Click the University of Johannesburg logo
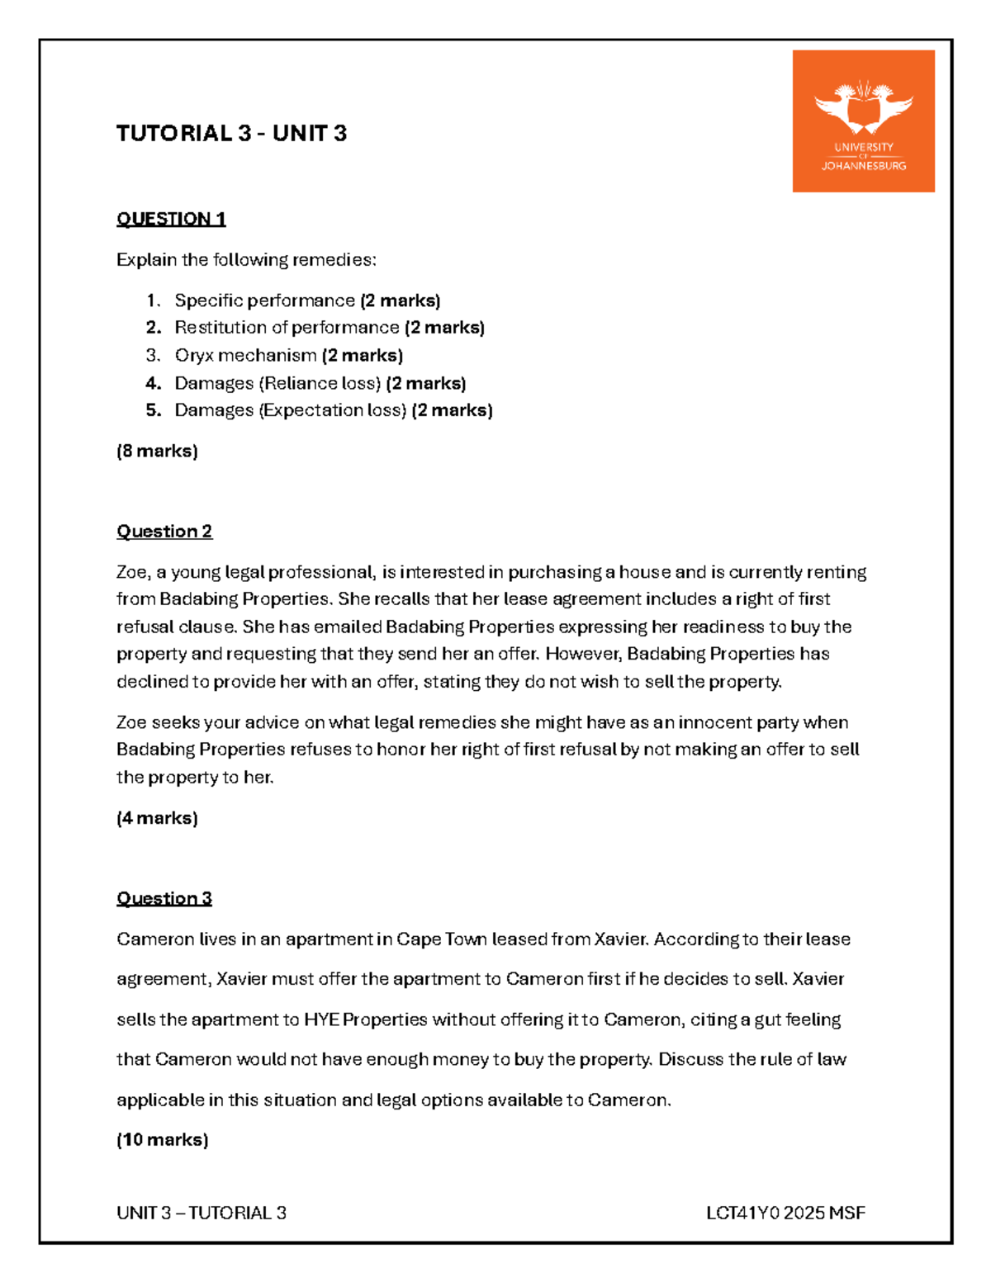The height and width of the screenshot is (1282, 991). point(863,121)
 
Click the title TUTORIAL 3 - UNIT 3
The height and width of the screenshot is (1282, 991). point(231,134)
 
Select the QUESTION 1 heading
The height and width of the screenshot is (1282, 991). point(171,219)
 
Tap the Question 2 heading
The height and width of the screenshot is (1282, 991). point(164,531)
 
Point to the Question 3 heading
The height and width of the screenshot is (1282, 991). point(164,898)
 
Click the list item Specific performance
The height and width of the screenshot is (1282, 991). point(264,300)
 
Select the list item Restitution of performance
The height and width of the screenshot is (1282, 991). point(287,328)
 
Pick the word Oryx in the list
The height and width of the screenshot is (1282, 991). point(194,356)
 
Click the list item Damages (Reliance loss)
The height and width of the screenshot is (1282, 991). point(277,383)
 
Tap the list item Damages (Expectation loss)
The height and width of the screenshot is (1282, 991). point(290,410)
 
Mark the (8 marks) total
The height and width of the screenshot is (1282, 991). point(157,452)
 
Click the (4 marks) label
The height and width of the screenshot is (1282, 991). point(157,818)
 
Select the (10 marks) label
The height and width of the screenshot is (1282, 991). point(162,1140)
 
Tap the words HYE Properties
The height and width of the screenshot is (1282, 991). point(365,1019)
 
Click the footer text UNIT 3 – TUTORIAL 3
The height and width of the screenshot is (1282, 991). point(202,1213)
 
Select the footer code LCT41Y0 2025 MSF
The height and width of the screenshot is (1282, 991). point(785,1213)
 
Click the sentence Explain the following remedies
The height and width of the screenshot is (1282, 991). point(246,260)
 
